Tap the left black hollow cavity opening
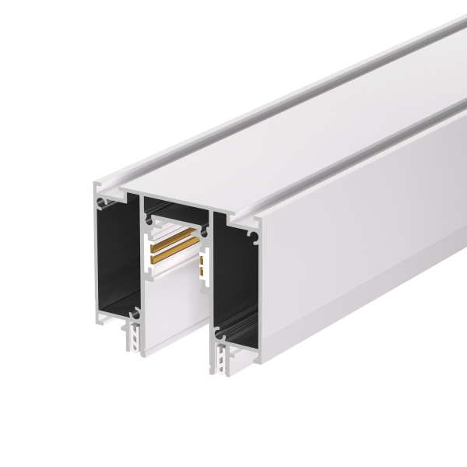point(117,257)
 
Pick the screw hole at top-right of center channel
point(204,231)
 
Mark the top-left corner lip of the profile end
point(97,187)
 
